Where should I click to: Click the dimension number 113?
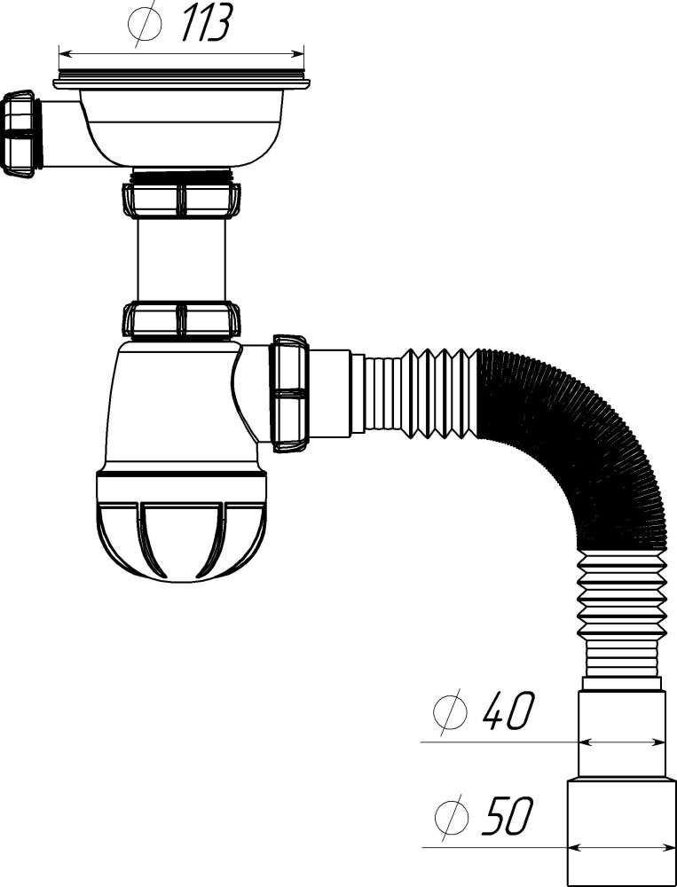pos(205,23)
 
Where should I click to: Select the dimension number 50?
pos(507,816)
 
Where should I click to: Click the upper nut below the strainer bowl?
pos(182,200)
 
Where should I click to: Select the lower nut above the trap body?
pos(182,319)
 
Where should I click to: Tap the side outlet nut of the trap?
pos(290,393)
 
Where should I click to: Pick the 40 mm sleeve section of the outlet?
pos(621,732)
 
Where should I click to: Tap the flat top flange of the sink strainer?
pos(182,83)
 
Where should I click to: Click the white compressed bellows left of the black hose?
pos(435,393)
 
